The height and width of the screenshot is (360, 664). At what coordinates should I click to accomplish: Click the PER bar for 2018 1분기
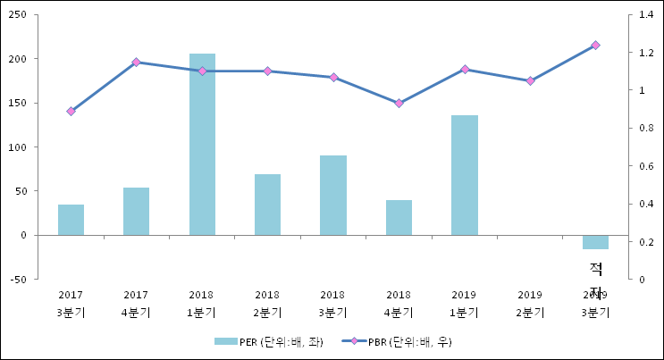pos(202,144)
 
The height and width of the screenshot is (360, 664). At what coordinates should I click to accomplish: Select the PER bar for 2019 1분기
pos(464,175)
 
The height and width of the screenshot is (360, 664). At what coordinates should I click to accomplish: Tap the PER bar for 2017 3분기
pos(71,220)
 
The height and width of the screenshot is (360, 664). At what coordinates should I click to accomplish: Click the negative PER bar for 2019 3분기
pos(595,242)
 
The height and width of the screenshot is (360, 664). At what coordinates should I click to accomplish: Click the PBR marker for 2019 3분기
pos(595,45)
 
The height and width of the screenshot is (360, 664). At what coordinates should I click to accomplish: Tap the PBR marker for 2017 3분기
pos(71,111)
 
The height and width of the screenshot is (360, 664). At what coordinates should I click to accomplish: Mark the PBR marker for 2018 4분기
pos(399,104)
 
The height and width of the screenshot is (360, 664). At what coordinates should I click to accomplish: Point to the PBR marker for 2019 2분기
pos(530,80)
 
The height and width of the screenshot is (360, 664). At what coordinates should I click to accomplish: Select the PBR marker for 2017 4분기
pos(136,62)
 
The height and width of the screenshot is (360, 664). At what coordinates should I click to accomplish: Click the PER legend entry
pos(267,341)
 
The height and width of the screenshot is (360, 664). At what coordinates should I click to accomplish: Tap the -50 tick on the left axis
pos(18,280)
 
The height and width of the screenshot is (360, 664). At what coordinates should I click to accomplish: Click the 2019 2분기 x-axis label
pos(530,304)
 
